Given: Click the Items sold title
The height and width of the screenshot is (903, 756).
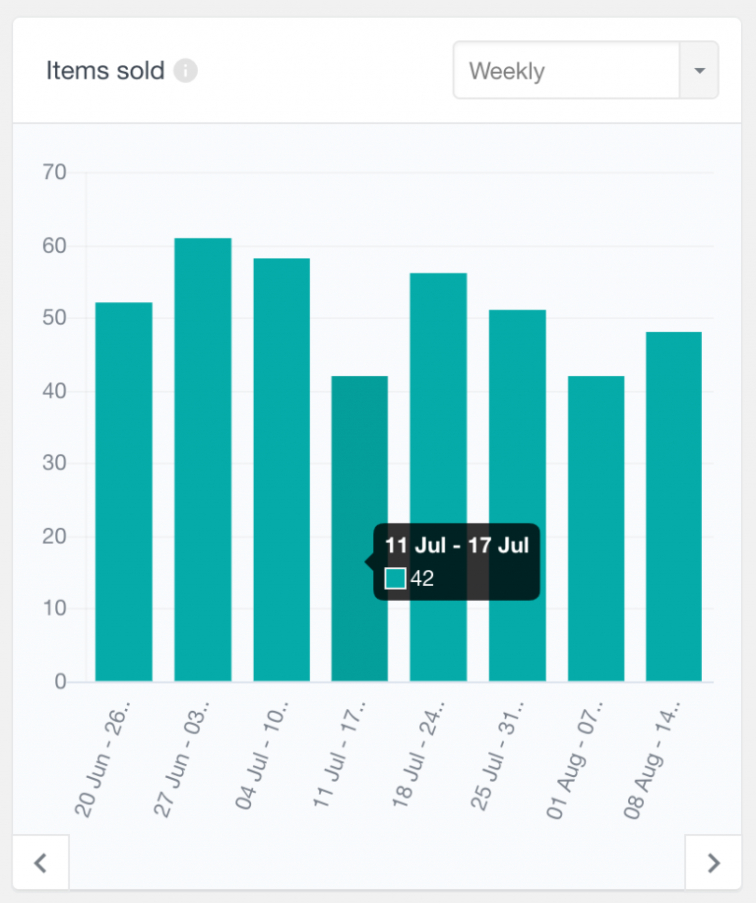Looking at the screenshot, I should coord(104,72).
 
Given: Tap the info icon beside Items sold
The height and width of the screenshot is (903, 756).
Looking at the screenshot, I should coord(185,71).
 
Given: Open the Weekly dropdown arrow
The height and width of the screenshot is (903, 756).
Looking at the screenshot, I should coord(699,71).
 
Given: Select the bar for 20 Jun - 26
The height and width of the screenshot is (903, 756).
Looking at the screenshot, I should coord(124,491).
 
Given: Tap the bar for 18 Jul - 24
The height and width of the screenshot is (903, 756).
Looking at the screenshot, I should coord(438,477).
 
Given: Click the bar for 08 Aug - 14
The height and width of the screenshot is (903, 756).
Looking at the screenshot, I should coord(673,506).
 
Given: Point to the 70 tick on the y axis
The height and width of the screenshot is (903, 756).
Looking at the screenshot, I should coord(54,173).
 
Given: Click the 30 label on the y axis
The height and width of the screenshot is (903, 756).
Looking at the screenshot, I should coord(54,464).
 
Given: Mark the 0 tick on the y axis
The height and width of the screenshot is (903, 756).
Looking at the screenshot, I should coord(60,681).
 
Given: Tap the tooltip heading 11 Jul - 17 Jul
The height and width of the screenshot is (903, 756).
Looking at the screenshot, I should coord(457,546).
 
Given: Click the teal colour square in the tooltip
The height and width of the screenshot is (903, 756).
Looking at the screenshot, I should coord(395,578).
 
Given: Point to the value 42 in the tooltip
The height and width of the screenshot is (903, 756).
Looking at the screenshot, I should coord(422,579).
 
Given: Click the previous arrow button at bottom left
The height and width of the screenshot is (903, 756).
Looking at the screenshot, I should coord(40,863).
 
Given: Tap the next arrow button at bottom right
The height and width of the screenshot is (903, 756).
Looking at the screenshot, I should coord(714,863).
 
